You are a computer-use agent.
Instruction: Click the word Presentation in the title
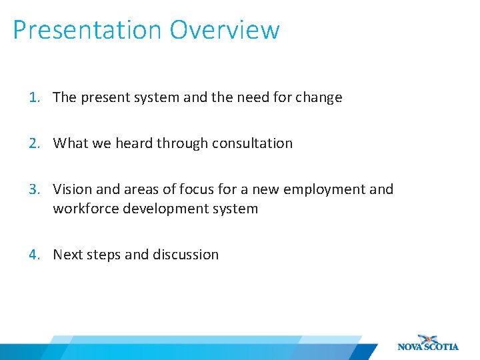(87, 30)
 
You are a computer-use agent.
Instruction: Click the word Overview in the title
(225, 30)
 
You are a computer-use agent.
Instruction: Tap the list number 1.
(34, 97)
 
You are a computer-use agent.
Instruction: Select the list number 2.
(34, 143)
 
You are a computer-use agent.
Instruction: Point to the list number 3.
(34, 189)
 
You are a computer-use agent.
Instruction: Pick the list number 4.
(34, 255)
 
